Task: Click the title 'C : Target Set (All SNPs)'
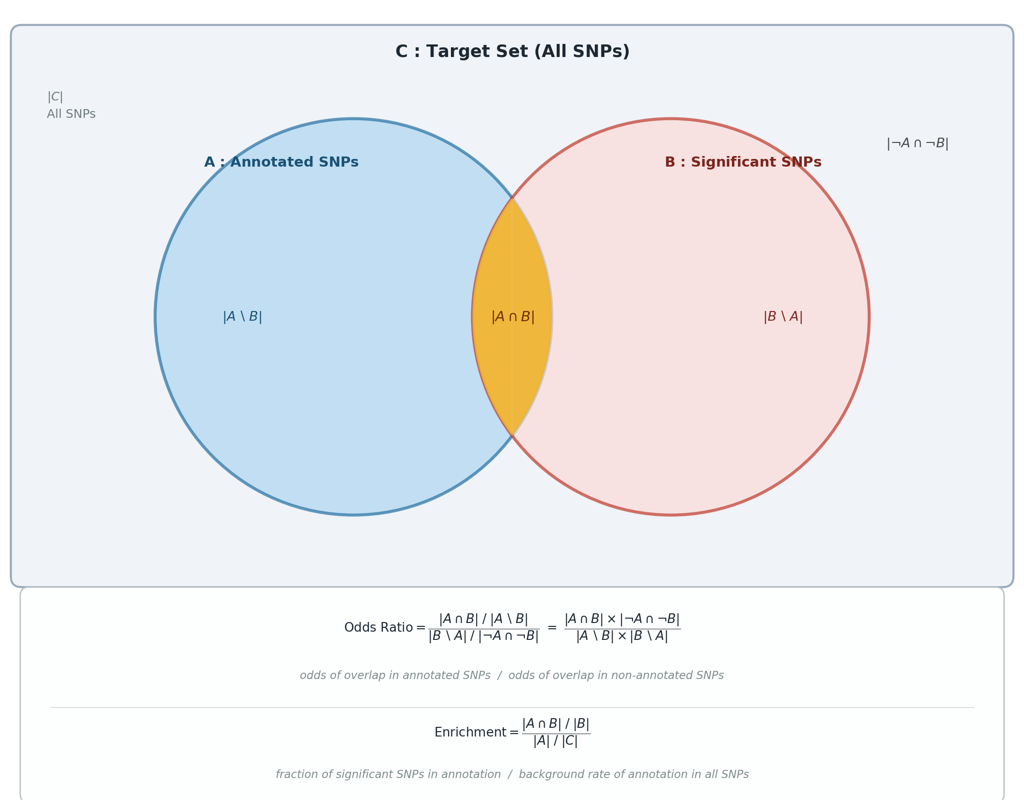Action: point(512,52)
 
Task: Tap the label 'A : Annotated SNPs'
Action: point(281,162)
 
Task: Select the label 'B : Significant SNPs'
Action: point(743,162)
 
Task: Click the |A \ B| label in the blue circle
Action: point(242,317)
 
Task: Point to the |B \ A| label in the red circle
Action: point(783,317)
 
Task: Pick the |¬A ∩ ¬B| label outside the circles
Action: point(917,144)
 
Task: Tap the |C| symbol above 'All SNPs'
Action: point(55,97)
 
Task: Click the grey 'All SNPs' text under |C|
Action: point(71,114)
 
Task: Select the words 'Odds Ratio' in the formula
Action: point(379,628)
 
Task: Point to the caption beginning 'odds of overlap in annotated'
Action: point(512,676)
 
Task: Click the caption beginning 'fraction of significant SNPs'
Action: point(512,775)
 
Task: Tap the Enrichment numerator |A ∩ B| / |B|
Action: point(556,724)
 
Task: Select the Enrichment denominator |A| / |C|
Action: point(556,741)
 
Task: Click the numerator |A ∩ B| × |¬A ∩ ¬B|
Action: point(622,620)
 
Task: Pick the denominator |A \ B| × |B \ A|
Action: point(622,637)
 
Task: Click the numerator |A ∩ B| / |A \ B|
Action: point(483,620)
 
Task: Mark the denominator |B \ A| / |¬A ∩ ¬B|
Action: point(483,637)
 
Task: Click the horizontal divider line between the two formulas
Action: point(512,708)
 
